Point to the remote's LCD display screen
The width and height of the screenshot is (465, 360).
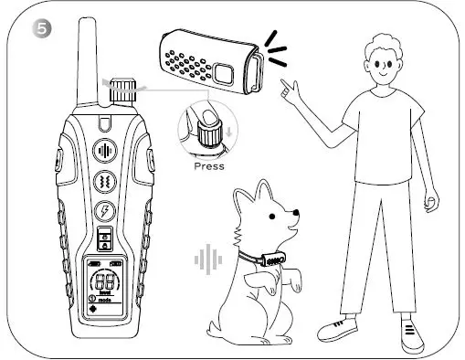click(105, 285)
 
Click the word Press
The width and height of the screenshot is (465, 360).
click(209, 167)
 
